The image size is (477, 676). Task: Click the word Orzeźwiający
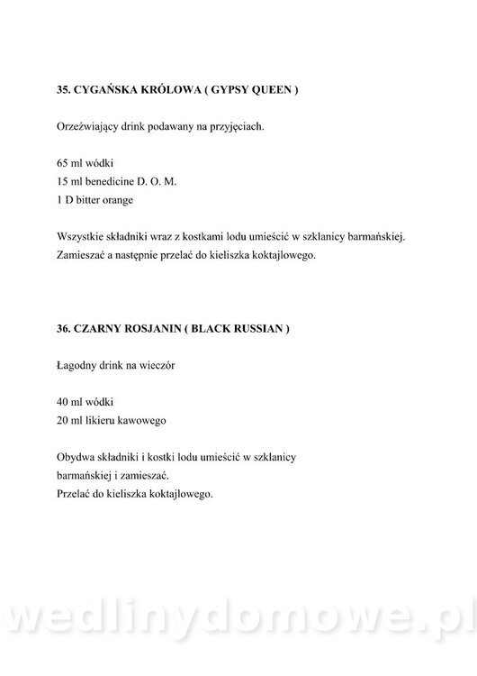click(85, 127)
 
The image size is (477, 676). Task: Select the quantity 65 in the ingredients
click(62, 165)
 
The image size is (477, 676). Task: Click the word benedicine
click(113, 183)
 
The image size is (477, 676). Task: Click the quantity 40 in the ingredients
click(62, 402)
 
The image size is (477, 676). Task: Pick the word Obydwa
click(75, 457)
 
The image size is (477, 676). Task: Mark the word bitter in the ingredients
click(92, 201)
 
